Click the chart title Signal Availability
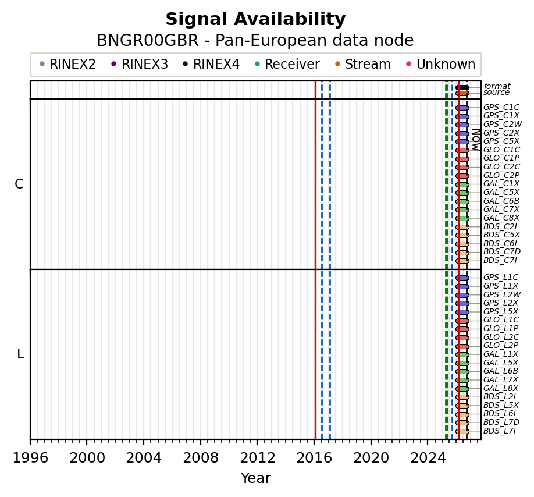(x=255, y=19)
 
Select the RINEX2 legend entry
(x=68, y=64)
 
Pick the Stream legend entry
(x=363, y=64)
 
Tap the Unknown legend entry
(x=441, y=64)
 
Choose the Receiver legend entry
(x=287, y=64)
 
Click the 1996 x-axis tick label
(x=30, y=458)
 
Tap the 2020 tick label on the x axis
(x=371, y=458)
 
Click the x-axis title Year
(x=256, y=478)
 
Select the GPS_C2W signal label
(x=503, y=124)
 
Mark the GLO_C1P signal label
(x=501, y=158)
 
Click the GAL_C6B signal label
(x=501, y=201)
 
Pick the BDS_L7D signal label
(x=501, y=422)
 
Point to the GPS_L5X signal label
(x=501, y=311)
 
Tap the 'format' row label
(x=497, y=86)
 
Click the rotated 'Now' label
(x=476, y=140)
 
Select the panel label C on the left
(x=19, y=184)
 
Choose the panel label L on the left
(x=20, y=354)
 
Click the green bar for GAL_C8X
(x=462, y=218)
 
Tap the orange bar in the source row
(x=462, y=93)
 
